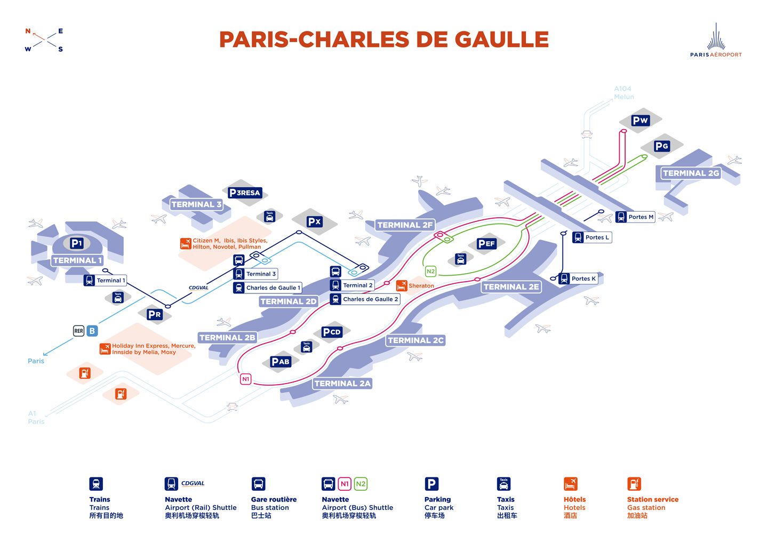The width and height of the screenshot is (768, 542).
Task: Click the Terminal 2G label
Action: click(691, 173)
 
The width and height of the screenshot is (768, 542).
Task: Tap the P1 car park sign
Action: click(77, 243)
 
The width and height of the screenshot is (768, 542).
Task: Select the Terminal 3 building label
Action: click(196, 204)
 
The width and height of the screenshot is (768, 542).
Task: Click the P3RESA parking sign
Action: click(245, 193)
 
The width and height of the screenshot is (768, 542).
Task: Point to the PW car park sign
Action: click(640, 121)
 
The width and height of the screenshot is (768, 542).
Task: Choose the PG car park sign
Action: click(661, 146)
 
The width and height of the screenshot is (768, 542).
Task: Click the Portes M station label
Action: click(641, 217)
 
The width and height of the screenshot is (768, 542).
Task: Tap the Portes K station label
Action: click(583, 278)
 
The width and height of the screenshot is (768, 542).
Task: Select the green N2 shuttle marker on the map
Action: click(430, 272)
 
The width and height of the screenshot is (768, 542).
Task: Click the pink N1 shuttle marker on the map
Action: click(245, 379)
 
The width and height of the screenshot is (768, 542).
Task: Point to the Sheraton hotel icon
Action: click(402, 285)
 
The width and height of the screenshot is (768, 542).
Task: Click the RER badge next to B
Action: click(78, 331)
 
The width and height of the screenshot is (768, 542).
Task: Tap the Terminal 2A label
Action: click(342, 383)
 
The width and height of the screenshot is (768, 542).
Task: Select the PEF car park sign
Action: click(486, 244)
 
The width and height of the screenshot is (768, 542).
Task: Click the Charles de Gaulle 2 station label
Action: click(370, 299)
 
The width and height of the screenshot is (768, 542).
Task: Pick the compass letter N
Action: click(28, 31)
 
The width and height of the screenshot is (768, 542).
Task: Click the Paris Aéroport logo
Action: click(716, 41)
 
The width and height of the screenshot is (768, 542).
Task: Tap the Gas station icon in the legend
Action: click(634, 484)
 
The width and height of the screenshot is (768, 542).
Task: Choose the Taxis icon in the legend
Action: click(503, 484)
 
